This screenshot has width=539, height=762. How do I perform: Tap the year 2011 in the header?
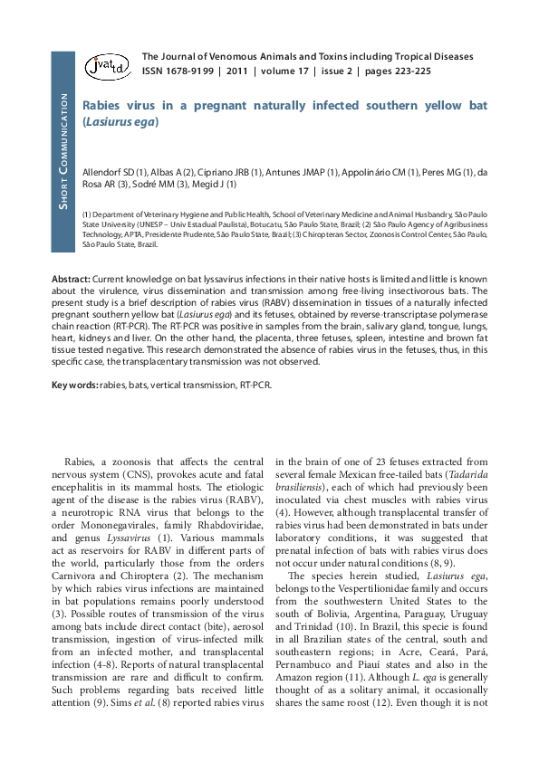[x=237, y=71]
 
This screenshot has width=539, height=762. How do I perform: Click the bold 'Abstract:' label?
[x=72, y=279]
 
